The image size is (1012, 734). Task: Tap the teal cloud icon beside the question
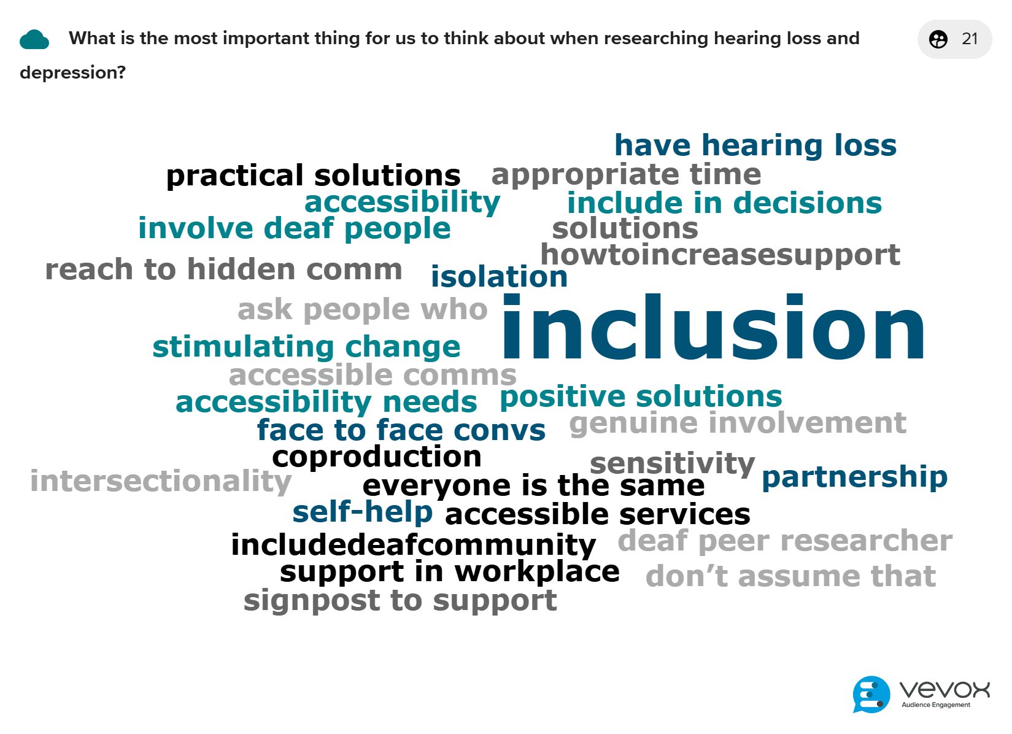pyautogui.click(x=34, y=39)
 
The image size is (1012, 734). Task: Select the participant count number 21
pyautogui.click(x=970, y=39)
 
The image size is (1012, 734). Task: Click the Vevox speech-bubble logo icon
pyautogui.click(x=871, y=694)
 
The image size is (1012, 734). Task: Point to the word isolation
pyautogui.click(x=499, y=276)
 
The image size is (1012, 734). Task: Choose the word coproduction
pyautogui.click(x=377, y=457)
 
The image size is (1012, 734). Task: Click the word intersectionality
pyautogui.click(x=161, y=482)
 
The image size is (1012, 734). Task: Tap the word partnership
pyautogui.click(x=854, y=478)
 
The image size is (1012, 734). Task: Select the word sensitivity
pyautogui.click(x=672, y=464)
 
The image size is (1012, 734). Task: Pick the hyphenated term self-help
pyautogui.click(x=362, y=512)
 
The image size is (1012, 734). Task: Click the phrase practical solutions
pyautogui.click(x=313, y=176)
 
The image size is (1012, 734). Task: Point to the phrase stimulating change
pyautogui.click(x=306, y=347)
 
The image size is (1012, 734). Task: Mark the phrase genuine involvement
pyautogui.click(x=737, y=423)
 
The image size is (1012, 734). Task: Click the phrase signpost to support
pyautogui.click(x=400, y=601)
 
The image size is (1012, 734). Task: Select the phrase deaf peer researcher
pyautogui.click(x=785, y=541)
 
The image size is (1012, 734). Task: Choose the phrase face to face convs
pyautogui.click(x=401, y=430)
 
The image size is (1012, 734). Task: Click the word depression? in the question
pyautogui.click(x=73, y=72)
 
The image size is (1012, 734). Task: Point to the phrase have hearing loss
pyautogui.click(x=755, y=145)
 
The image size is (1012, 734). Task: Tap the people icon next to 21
pyautogui.click(x=938, y=39)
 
